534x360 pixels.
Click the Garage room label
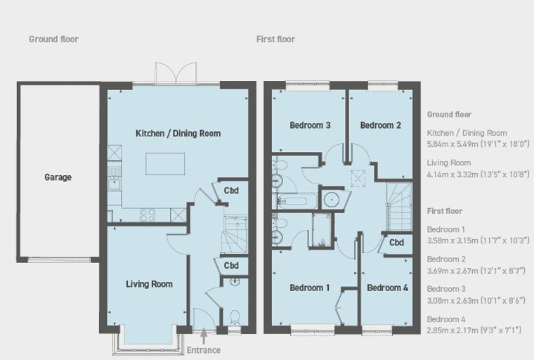[x=58, y=177]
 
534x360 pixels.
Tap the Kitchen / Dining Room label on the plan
[x=178, y=134]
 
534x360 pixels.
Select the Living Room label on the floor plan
[x=149, y=284]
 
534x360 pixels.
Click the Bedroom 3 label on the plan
[x=310, y=125]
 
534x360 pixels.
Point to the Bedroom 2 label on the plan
[x=380, y=125]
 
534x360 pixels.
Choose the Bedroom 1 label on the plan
[x=310, y=288]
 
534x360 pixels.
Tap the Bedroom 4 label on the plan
[x=387, y=288]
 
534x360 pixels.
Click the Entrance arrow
[x=204, y=336]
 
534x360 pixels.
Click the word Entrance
[x=204, y=350]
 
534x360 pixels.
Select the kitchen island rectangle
[x=166, y=164]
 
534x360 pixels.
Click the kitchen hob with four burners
[x=148, y=215]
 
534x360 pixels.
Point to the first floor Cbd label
[x=396, y=243]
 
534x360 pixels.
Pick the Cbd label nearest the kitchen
[x=231, y=191]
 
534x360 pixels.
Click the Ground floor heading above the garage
[x=53, y=39]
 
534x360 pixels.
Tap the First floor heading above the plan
[x=275, y=39]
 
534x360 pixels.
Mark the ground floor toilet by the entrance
[x=235, y=318]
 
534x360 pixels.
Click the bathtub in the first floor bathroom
[x=295, y=200]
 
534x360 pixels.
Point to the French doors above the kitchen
[x=176, y=73]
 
